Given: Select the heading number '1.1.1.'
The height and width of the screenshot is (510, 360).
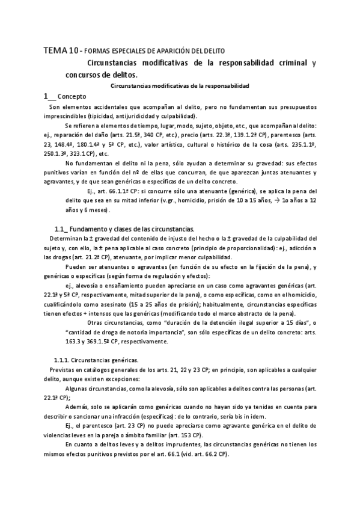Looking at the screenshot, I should click(x=64, y=359).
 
